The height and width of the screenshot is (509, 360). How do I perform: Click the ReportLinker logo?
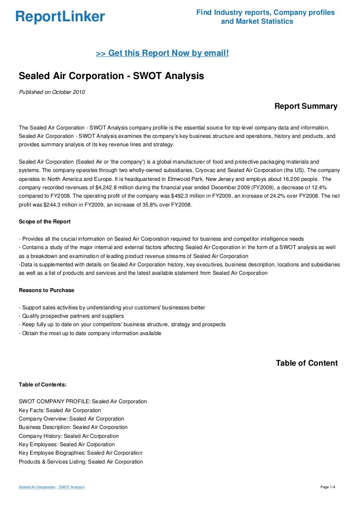pyautogui.click(x=60, y=17)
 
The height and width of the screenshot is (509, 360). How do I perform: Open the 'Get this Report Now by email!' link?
pyautogui.click(x=162, y=52)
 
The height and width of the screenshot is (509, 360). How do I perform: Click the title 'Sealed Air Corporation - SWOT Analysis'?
pyautogui.click(x=111, y=77)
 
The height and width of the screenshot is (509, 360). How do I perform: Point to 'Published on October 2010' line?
pyautogui.click(x=52, y=92)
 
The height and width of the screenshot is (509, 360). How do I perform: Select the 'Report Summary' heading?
pyautogui.click(x=306, y=106)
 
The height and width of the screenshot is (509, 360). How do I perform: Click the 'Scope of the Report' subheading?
pyautogui.click(x=45, y=221)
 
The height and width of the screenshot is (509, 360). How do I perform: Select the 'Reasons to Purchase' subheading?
pyautogui.click(x=46, y=290)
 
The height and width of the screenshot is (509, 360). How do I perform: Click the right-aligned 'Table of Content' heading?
pyautogui.click(x=307, y=363)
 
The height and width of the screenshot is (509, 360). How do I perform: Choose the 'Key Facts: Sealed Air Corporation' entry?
pyautogui.click(x=60, y=410)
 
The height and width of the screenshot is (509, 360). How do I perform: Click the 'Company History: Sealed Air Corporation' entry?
pyautogui.click(x=69, y=436)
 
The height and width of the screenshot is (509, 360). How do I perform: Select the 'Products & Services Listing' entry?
pyautogui.click(x=81, y=462)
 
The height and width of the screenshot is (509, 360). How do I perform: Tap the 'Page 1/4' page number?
pyautogui.click(x=328, y=487)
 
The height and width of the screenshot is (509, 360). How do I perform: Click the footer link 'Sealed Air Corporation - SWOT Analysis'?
pyautogui.click(x=51, y=487)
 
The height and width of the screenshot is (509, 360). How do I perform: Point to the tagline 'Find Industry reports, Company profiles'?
pyautogui.click(x=266, y=12)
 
